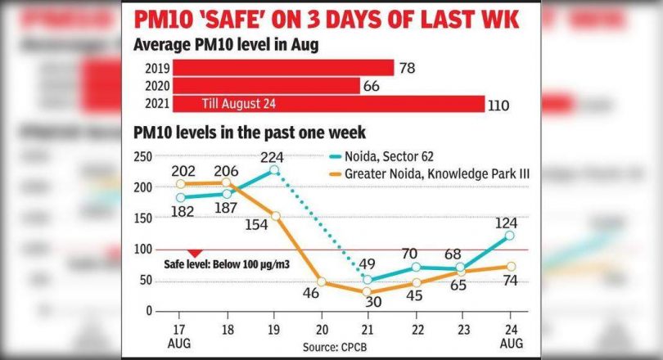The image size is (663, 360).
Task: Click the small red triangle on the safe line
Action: click(x=194, y=254)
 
